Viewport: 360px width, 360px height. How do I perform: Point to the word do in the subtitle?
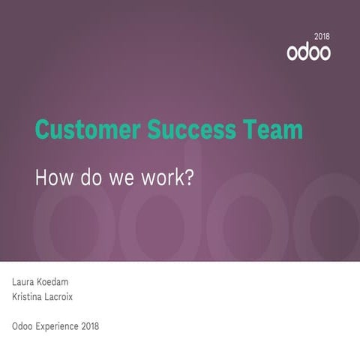[88, 178]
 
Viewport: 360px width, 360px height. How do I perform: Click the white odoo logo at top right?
[308, 53]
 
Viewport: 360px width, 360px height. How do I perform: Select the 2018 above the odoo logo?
[322, 36]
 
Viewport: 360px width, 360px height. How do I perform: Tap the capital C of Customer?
[43, 130]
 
